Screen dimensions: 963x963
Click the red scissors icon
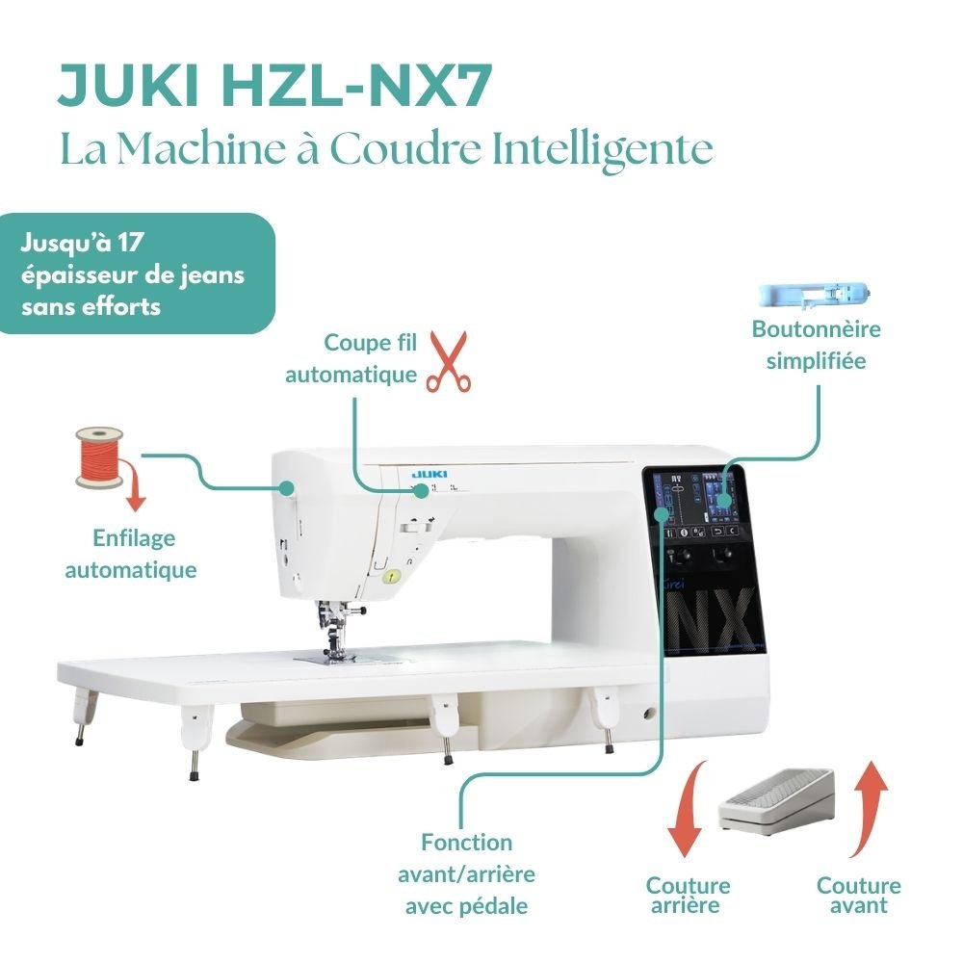click(x=447, y=361)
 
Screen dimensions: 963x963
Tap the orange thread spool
click(x=99, y=455)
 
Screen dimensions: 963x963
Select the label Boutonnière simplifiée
click(x=817, y=345)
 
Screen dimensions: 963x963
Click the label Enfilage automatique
click(x=131, y=554)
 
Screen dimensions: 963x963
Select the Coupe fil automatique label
click(x=351, y=358)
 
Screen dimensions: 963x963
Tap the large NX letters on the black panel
click(x=708, y=616)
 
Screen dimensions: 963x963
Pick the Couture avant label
click(x=859, y=895)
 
